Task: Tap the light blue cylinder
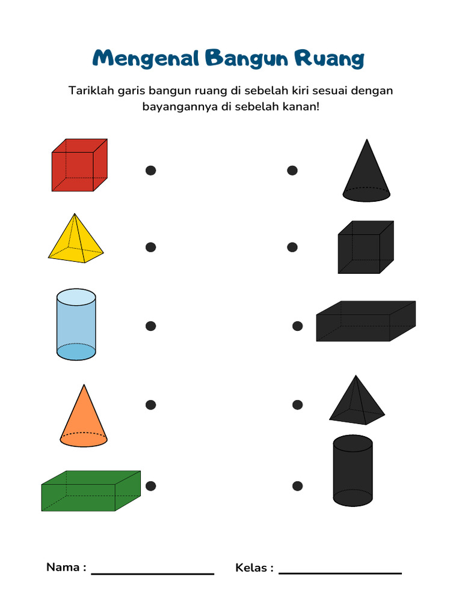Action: [76, 326]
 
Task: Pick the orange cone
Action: [84, 420]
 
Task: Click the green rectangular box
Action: [90, 491]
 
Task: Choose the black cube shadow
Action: [365, 247]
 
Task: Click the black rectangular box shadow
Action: [365, 321]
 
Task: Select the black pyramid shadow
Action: [357, 402]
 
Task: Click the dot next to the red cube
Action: [151, 171]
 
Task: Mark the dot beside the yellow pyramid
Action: [151, 247]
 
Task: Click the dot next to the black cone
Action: [292, 171]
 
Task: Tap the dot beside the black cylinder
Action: [297, 485]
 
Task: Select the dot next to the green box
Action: [151, 485]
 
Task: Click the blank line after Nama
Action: [153, 573]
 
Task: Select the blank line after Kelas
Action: [340, 572]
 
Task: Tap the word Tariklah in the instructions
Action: [89, 91]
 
